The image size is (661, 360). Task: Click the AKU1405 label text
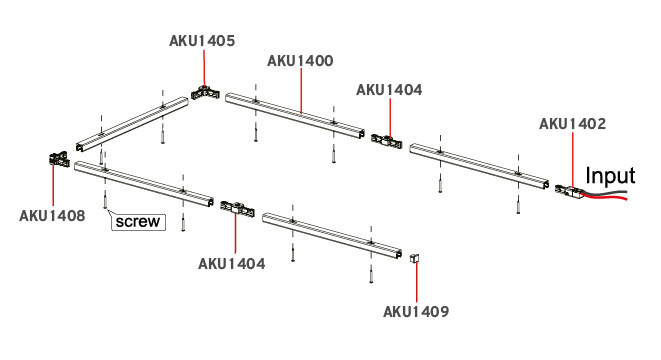(x=202, y=41)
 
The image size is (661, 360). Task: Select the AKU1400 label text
(x=300, y=61)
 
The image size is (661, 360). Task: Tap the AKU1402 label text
(x=572, y=124)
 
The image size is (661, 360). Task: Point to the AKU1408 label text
(x=52, y=215)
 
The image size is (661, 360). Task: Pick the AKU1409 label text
(x=416, y=312)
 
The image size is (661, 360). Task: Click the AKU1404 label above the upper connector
(x=389, y=90)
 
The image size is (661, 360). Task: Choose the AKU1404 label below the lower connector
(x=232, y=264)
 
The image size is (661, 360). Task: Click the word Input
(x=610, y=176)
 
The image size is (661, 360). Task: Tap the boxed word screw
(x=138, y=222)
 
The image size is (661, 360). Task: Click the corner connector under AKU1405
(x=205, y=92)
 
